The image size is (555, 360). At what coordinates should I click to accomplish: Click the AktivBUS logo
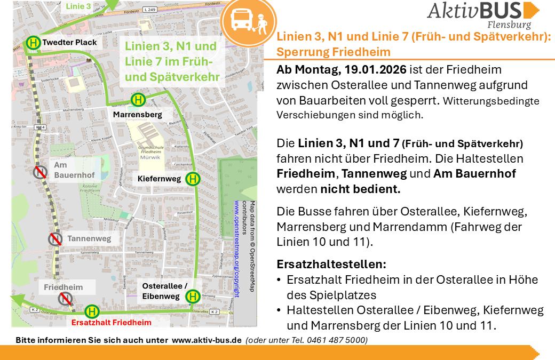tap(483, 14)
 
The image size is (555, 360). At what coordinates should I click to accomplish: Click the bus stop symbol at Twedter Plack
tap(33, 43)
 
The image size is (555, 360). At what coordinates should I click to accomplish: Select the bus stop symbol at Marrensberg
tap(138, 100)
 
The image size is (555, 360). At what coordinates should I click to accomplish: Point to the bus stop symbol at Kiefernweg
tap(193, 179)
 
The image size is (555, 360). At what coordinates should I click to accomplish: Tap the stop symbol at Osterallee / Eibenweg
tap(193, 295)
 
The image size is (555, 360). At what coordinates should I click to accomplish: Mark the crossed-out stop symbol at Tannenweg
tap(55, 239)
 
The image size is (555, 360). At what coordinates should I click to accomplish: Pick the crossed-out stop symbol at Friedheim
tap(65, 298)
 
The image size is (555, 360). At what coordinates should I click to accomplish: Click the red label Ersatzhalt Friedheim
tap(111, 322)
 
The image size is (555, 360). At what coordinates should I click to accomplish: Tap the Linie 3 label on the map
tap(78, 6)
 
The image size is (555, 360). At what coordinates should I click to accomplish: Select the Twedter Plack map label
tap(69, 43)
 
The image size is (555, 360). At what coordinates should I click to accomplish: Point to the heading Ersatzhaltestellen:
tap(331, 264)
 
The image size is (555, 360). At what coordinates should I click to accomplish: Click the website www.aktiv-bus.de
tap(207, 340)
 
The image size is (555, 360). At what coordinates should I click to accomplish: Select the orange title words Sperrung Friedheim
tap(334, 52)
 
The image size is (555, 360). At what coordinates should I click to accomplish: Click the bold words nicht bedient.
tap(360, 189)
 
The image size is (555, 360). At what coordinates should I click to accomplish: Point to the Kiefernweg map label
tap(159, 179)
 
